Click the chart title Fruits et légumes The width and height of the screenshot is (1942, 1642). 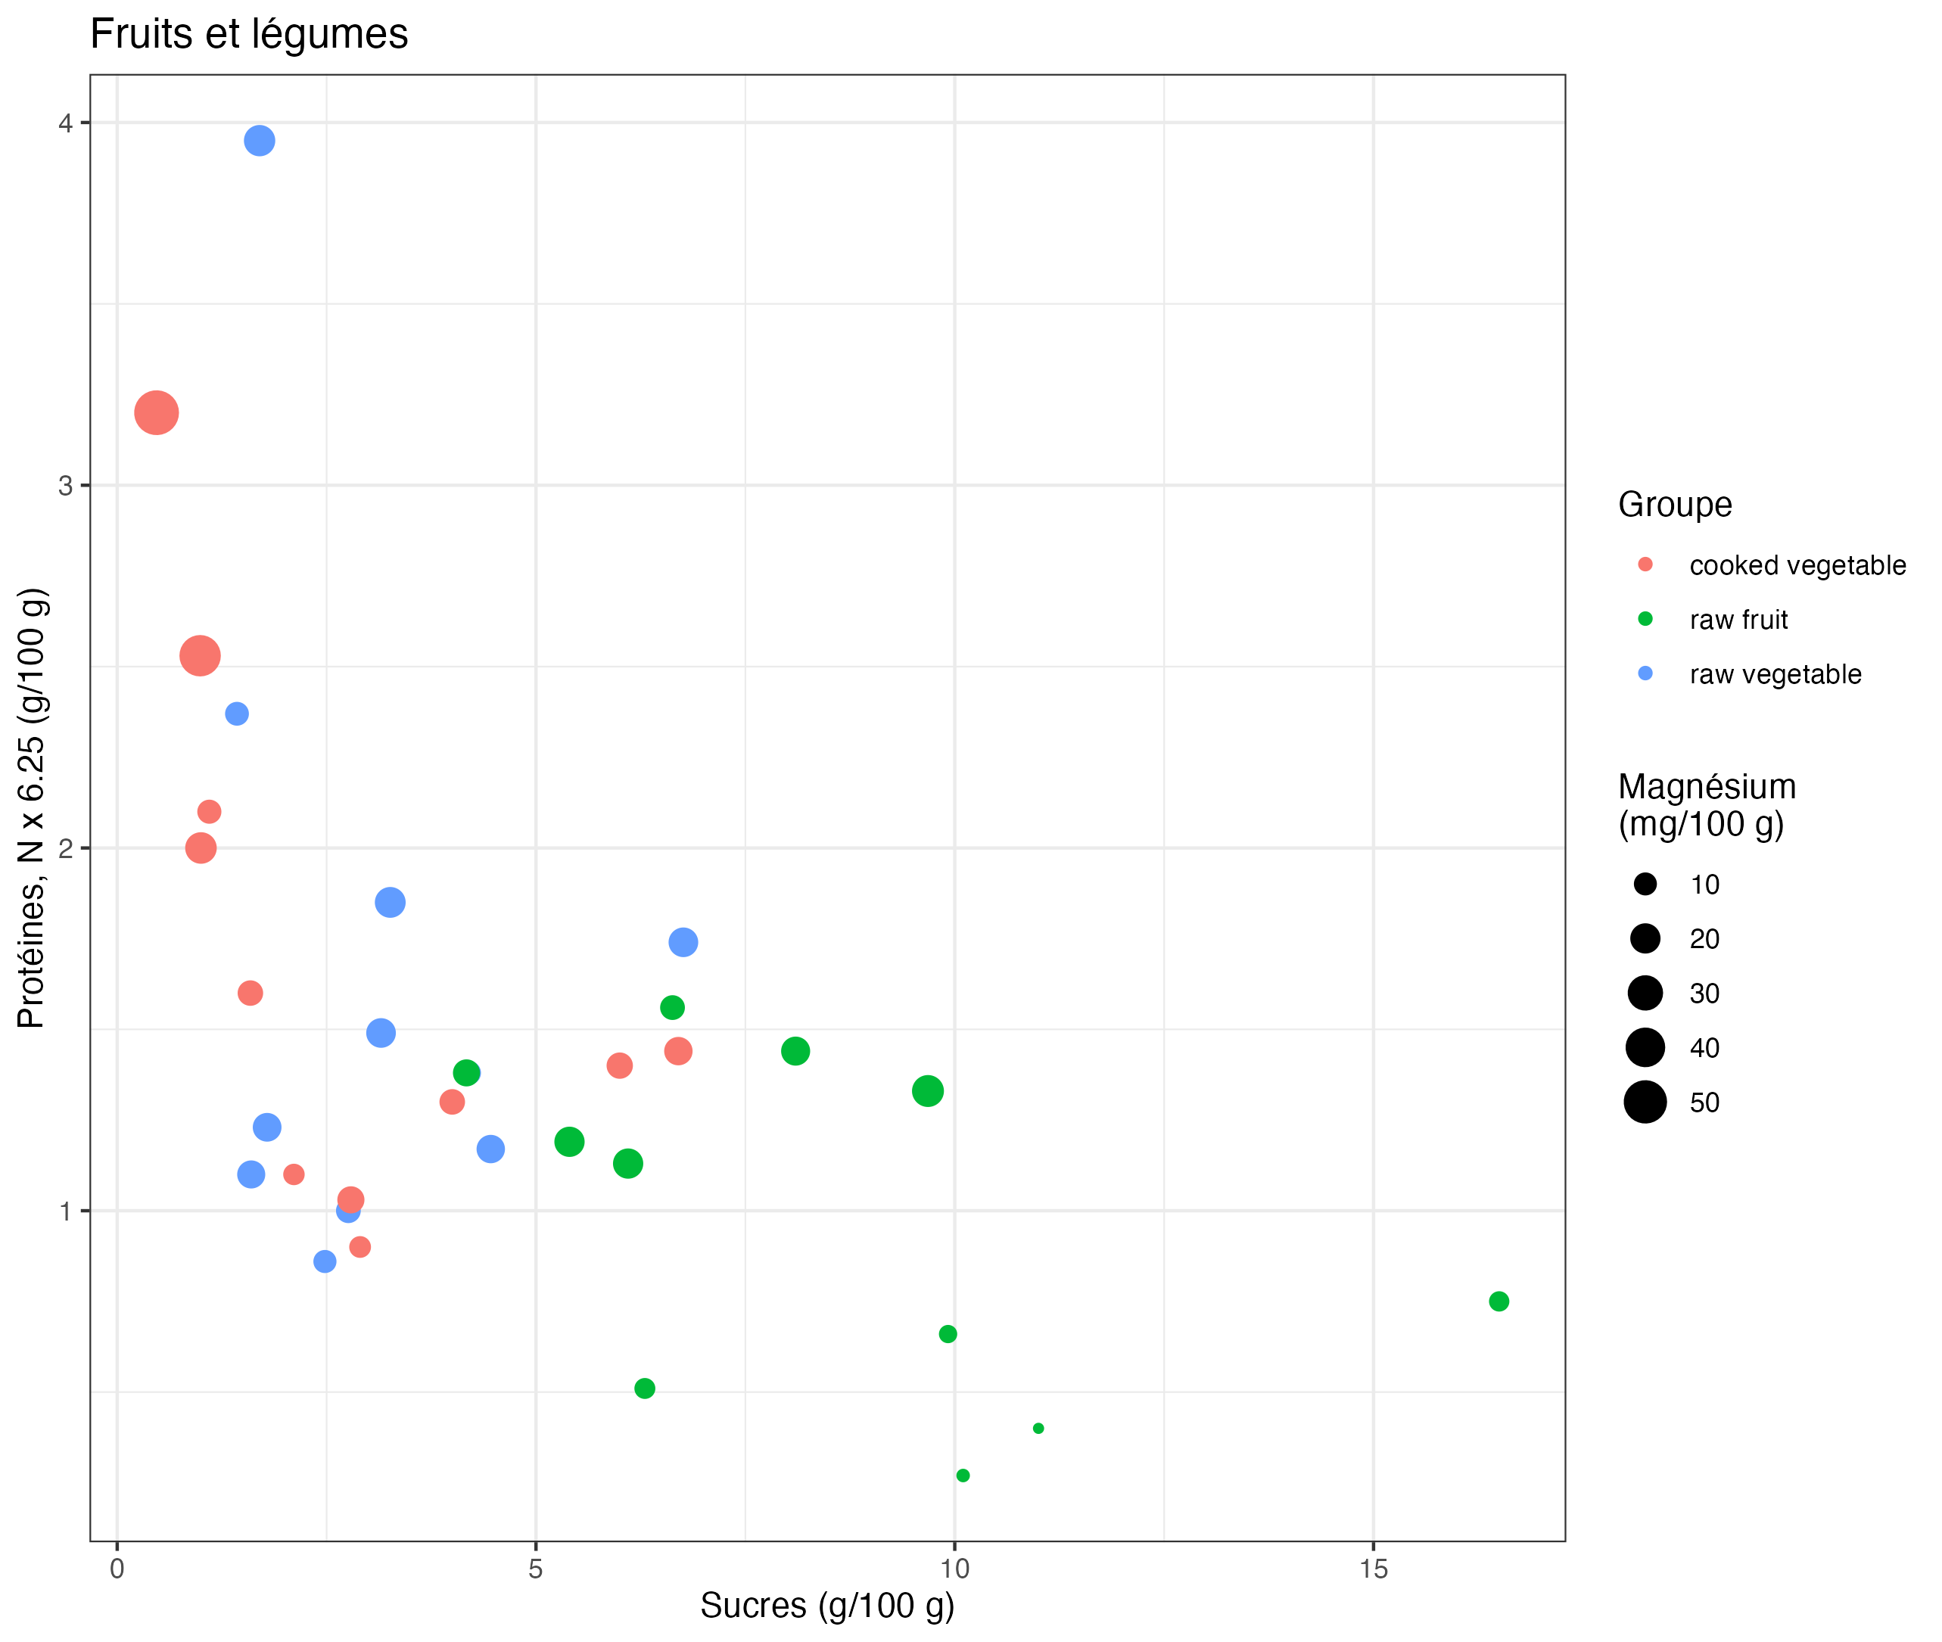[x=248, y=35]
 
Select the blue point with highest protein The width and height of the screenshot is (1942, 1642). [x=259, y=141]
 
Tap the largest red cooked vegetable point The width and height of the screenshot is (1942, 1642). [x=157, y=412]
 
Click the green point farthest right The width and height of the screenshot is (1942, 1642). [x=1498, y=1301]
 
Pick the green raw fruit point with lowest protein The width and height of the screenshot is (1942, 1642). [x=963, y=1476]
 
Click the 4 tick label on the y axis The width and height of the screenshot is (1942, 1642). [x=65, y=123]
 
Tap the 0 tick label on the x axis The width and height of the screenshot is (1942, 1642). [x=117, y=1569]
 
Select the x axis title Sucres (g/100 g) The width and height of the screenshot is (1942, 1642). [x=826, y=1606]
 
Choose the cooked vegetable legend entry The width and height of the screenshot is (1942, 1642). [x=1797, y=565]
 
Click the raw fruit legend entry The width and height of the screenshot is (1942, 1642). [x=1738, y=620]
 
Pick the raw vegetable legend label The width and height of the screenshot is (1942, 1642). [x=1775, y=674]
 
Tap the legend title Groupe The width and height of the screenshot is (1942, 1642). [x=1674, y=505]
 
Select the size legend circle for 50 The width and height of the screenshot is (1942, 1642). [x=1645, y=1102]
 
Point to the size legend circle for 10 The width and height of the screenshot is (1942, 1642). [x=1645, y=885]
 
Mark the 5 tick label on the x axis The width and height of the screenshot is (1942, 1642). [x=535, y=1569]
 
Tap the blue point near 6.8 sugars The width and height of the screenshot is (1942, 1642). [x=683, y=942]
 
